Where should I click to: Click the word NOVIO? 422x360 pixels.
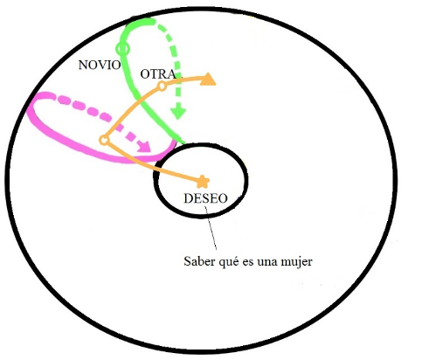coord(100,65)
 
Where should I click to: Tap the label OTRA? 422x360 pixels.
coord(158,74)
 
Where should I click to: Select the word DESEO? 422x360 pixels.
coord(205,198)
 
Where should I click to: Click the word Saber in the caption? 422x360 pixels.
coord(198,261)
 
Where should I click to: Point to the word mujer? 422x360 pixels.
coord(296,262)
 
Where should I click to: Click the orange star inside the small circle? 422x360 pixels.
coord(203,183)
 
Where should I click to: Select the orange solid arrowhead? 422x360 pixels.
coord(208,80)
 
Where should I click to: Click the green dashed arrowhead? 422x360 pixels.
coord(178,113)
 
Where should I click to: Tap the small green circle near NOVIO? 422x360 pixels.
coord(122,49)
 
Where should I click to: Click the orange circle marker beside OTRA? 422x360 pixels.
coord(163,86)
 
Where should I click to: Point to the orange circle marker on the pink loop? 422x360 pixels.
coord(104,141)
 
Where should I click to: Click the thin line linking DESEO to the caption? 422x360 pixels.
coord(211,228)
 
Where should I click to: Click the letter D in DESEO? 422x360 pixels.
coord(188,198)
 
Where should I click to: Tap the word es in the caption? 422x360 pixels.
coord(248,262)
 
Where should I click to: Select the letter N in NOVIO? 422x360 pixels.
coord(83,65)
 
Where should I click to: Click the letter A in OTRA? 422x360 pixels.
coord(171,74)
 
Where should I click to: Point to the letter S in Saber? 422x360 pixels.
coord(187,261)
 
